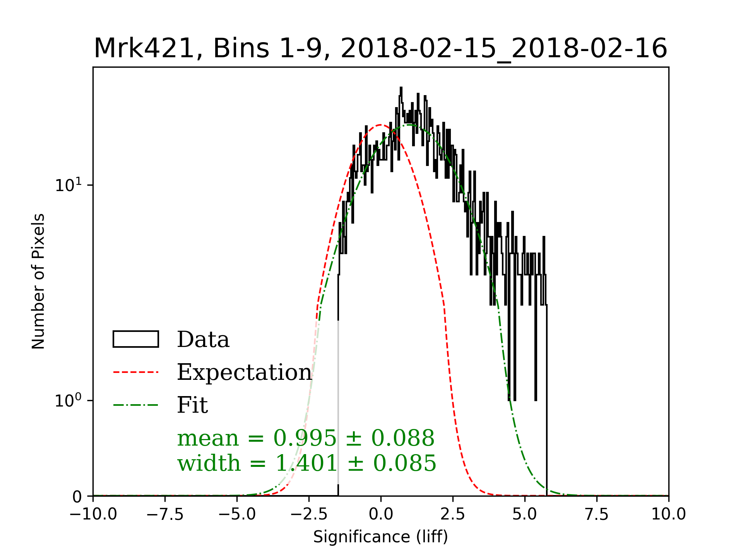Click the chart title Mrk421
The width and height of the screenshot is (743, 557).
coord(380,49)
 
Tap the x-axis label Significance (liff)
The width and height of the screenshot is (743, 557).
coord(380,537)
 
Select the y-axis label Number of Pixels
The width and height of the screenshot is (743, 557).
coord(38,281)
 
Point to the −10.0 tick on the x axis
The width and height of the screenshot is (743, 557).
coord(93,514)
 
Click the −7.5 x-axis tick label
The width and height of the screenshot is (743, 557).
coord(165,514)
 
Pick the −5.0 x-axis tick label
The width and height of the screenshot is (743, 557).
coord(237,514)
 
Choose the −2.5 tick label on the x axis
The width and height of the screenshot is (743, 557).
coord(309,514)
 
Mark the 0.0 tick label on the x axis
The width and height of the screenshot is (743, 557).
coord(381,514)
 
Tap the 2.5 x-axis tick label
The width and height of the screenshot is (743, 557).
coord(453,514)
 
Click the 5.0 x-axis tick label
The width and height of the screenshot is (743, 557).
coord(525,514)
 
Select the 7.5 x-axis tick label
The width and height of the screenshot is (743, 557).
coord(597,514)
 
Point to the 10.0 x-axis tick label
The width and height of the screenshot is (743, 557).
coord(668,514)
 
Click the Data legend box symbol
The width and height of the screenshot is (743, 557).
coord(136,339)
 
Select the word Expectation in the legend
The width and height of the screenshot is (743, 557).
coord(244,372)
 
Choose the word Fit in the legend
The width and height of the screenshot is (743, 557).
coord(192,405)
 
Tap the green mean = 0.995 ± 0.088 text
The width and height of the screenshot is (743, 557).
coord(306,438)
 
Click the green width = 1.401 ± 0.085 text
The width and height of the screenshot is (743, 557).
coord(306,463)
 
